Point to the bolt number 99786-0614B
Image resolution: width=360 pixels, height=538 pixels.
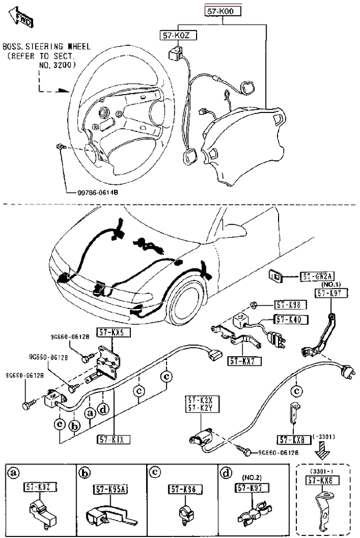95,193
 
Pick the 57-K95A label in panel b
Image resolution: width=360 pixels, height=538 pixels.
111,489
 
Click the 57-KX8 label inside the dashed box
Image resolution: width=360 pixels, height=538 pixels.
323,480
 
